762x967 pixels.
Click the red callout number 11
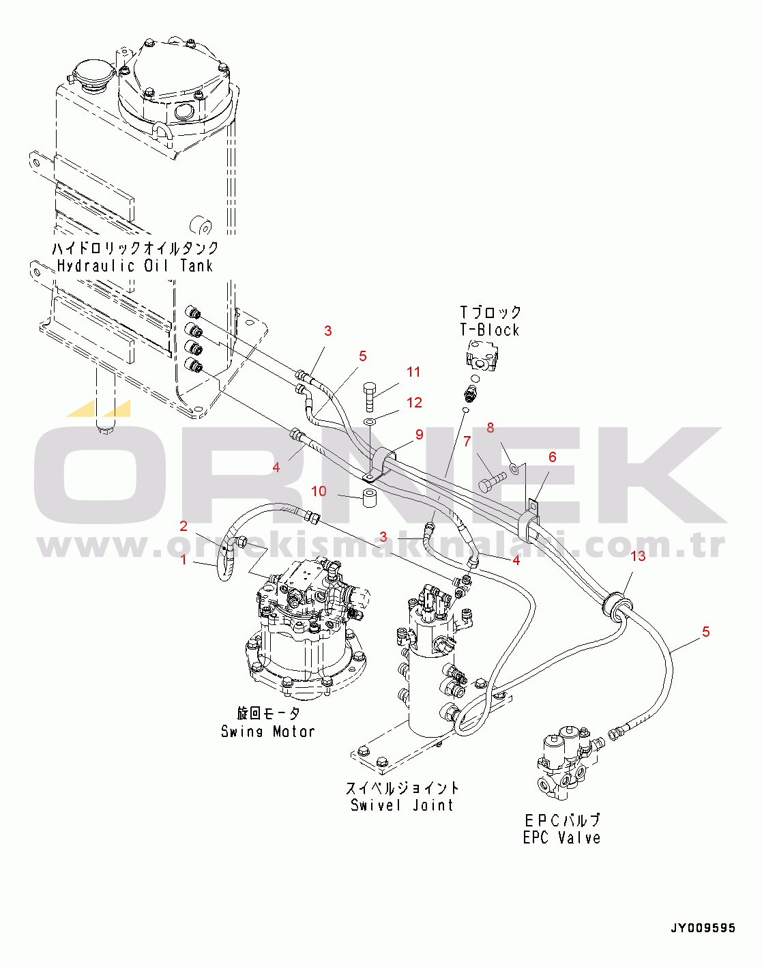point(413,372)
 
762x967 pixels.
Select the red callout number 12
point(414,403)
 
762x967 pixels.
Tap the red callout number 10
point(319,491)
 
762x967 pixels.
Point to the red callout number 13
point(638,556)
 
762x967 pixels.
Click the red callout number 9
point(419,435)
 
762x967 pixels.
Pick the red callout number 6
point(553,457)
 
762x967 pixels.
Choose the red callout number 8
point(467,442)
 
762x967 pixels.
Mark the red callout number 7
point(490,428)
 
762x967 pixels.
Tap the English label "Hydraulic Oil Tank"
point(135,265)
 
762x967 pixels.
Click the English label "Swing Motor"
point(268,731)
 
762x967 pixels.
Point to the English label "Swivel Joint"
point(402,805)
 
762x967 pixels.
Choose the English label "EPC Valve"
point(561,837)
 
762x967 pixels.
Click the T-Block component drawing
point(481,355)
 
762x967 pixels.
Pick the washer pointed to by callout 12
point(370,422)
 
